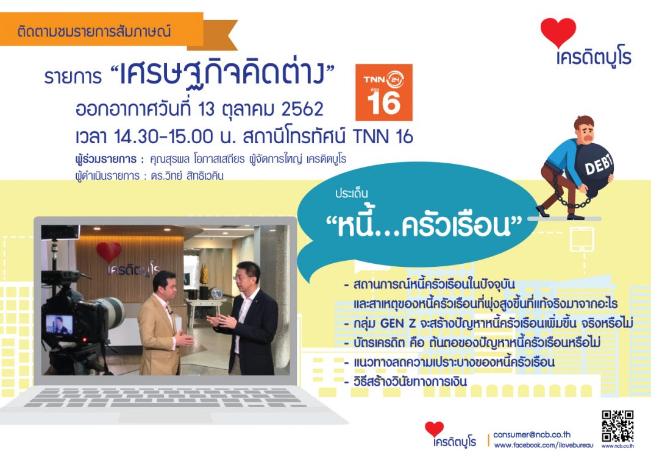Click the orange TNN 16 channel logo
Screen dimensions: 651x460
383,92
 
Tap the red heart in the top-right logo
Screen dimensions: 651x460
558,32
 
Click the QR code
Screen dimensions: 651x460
617,426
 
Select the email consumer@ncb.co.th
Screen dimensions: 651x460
532,434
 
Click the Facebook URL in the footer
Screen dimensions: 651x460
544,445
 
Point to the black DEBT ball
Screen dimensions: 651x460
594,170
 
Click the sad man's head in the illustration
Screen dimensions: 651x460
584,129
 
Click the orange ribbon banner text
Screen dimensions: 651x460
94,32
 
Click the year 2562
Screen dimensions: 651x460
302,109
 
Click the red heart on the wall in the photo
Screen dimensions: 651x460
108,252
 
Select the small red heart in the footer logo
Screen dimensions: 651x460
434,429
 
